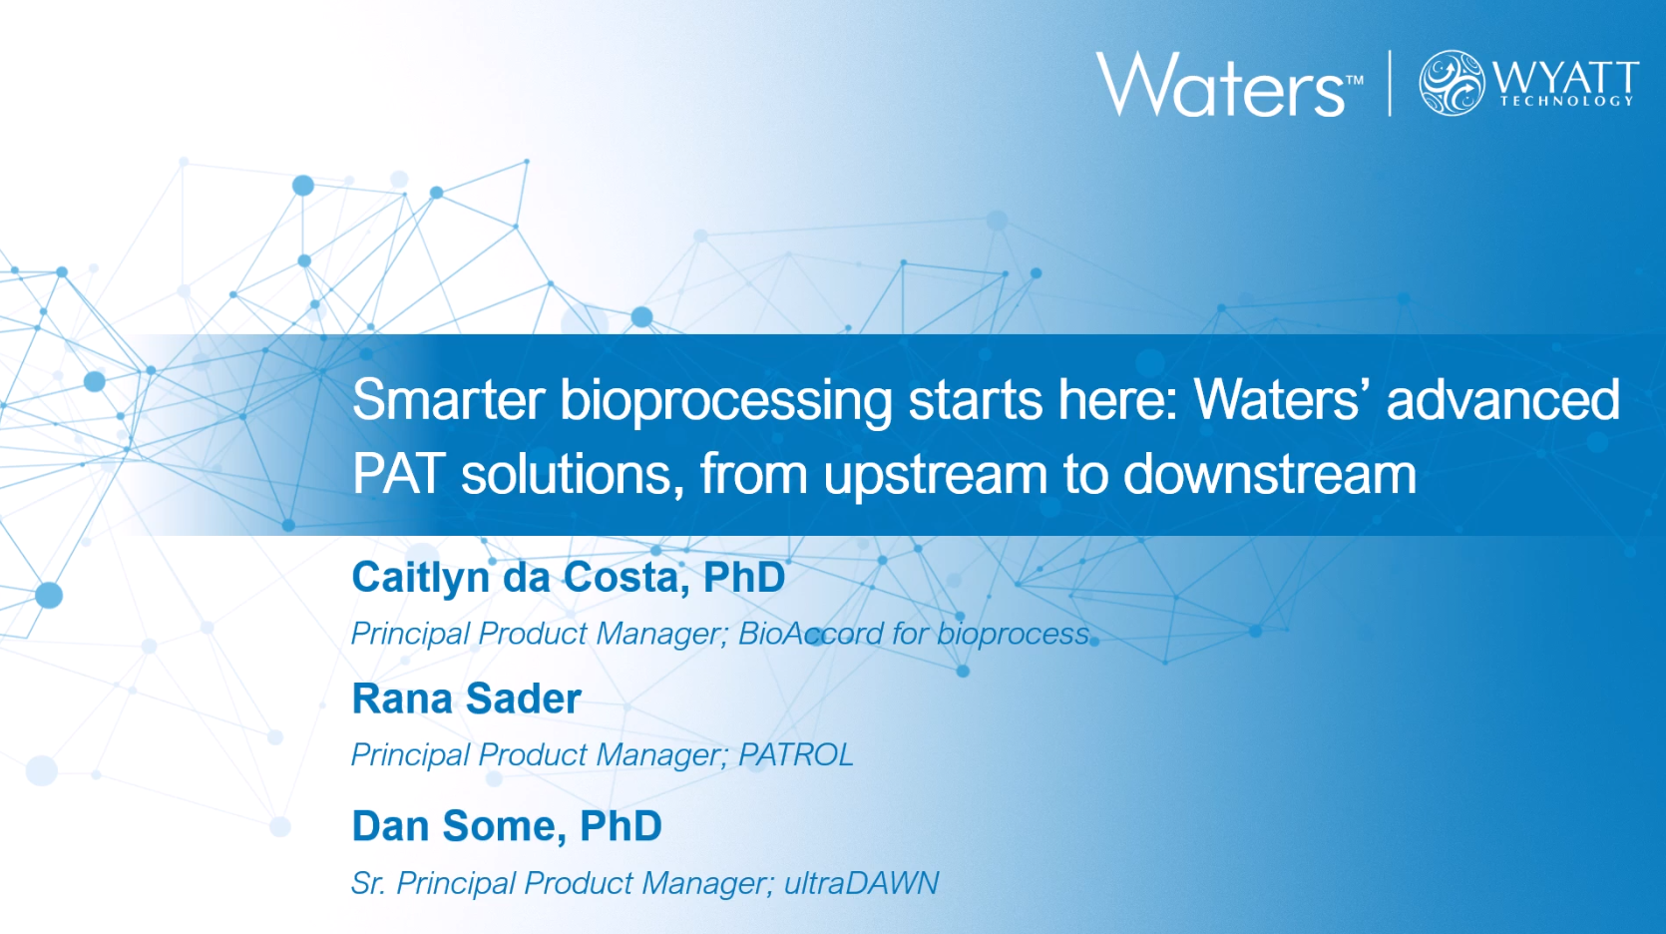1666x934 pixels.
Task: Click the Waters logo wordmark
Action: click(1220, 85)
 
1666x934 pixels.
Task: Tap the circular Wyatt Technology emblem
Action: click(1452, 83)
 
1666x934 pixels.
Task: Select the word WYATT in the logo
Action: click(1565, 78)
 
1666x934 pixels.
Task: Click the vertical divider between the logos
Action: click(1390, 84)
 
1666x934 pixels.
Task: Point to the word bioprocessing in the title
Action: click(726, 402)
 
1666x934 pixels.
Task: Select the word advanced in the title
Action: click(1503, 400)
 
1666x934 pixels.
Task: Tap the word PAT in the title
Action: click(399, 474)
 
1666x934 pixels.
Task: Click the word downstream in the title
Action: click(1270, 474)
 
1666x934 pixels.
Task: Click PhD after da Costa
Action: click(744, 577)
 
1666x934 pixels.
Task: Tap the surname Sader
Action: click(524, 699)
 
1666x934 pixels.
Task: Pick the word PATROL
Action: click(796, 755)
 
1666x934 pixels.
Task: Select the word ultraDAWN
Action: click(861, 883)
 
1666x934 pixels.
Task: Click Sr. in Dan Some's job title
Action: click(367, 883)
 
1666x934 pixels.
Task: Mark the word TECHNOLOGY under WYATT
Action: click(1567, 102)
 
